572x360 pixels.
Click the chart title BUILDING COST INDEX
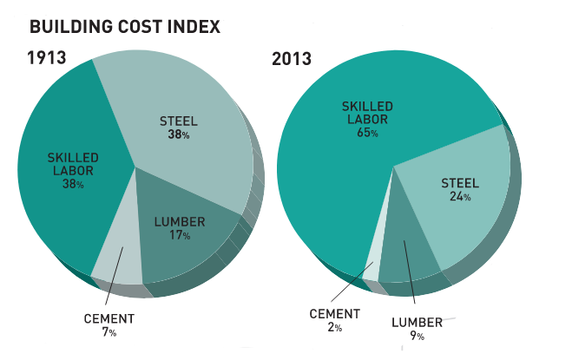tap(125, 27)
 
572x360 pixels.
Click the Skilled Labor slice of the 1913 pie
tap(61, 200)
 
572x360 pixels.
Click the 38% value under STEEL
tap(180, 135)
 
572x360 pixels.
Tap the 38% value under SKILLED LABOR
tap(73, 185)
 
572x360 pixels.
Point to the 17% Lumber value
tap(180, 237)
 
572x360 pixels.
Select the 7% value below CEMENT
tap(108, 332)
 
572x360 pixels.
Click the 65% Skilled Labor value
tap(365, 134)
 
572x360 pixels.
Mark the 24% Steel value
tap(460, 197)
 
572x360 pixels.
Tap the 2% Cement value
tap(334, 328)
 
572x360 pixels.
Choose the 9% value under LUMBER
tap(417, 336)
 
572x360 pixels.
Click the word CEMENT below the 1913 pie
tap(109, 317)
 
